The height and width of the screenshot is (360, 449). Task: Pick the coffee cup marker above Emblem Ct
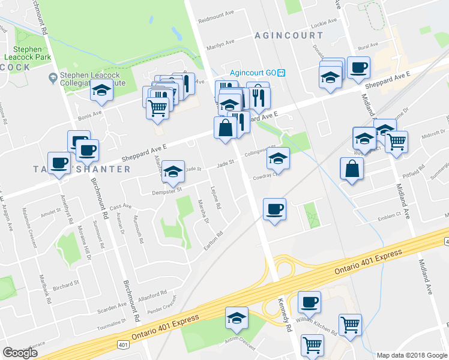click(274, 209)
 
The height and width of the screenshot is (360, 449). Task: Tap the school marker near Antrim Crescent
click(237, 318)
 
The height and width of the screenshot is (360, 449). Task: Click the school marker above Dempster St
click(173, 172)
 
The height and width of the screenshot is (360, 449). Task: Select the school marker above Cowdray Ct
click(277, 159)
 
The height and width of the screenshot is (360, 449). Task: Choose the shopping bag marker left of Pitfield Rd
click(351, 169)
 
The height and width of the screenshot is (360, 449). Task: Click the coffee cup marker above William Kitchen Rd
click(309, 302)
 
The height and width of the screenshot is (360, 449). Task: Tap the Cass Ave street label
click(120, 206)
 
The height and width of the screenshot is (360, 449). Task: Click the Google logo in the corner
click(20, 352)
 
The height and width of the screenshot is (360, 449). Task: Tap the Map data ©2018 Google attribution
click(411, 355)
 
